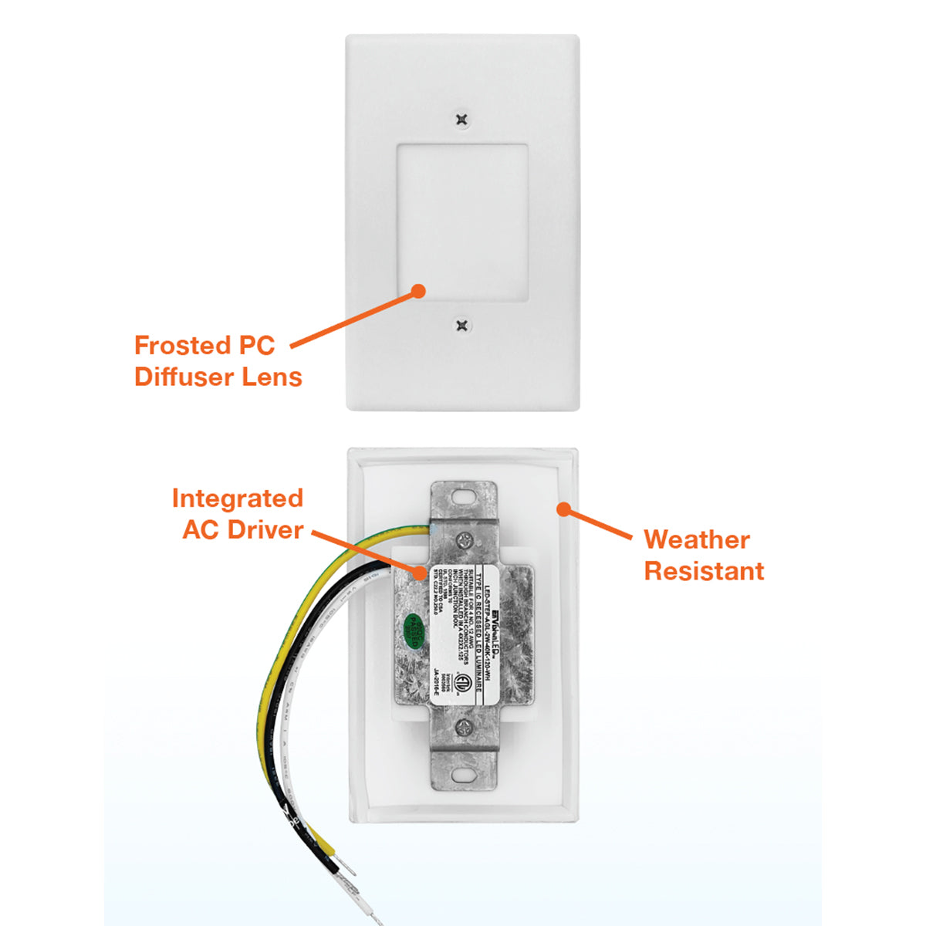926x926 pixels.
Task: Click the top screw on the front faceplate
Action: pyautogui.click(x=461, y=120)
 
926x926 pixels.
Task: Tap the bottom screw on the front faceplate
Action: pyautogui.click(x=461, y=326)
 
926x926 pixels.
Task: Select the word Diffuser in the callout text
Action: pyautogui.click(x=185, y=377)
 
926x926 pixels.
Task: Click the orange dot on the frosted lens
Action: pyautogui.click(x=418, y=291)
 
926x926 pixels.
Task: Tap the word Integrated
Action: pyautogui.click(x=237, y=498)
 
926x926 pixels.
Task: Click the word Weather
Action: pyautogui.click(x=696, y=539)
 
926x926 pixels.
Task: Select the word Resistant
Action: pyautogui.click(x=704, y=571)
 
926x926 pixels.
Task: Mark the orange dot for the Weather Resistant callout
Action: pyautogui.click(x=564, y=509)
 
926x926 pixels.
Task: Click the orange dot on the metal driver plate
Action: pyautogui.click(x=419, y=573)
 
